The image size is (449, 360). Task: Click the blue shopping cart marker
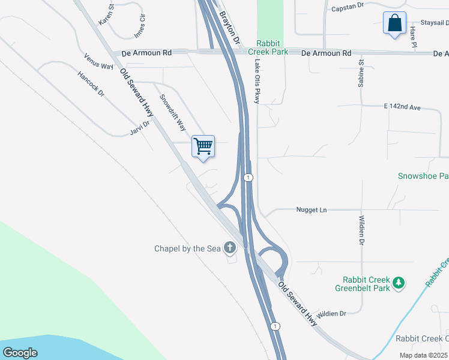(203, 146)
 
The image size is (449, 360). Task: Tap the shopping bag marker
(394, 23)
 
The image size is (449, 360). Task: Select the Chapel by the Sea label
(187, 248)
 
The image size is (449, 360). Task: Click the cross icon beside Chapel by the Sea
(229, 247)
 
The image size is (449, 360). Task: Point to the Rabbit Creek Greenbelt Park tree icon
(398, 282)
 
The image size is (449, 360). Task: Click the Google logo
(20, 352)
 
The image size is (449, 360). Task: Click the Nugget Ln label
(311, 210)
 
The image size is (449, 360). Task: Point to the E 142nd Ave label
(402, 107)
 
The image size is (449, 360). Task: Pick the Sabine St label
(361, 73)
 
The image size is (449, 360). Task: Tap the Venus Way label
(99, 61)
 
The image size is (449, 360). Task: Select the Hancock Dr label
(91, 84)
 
